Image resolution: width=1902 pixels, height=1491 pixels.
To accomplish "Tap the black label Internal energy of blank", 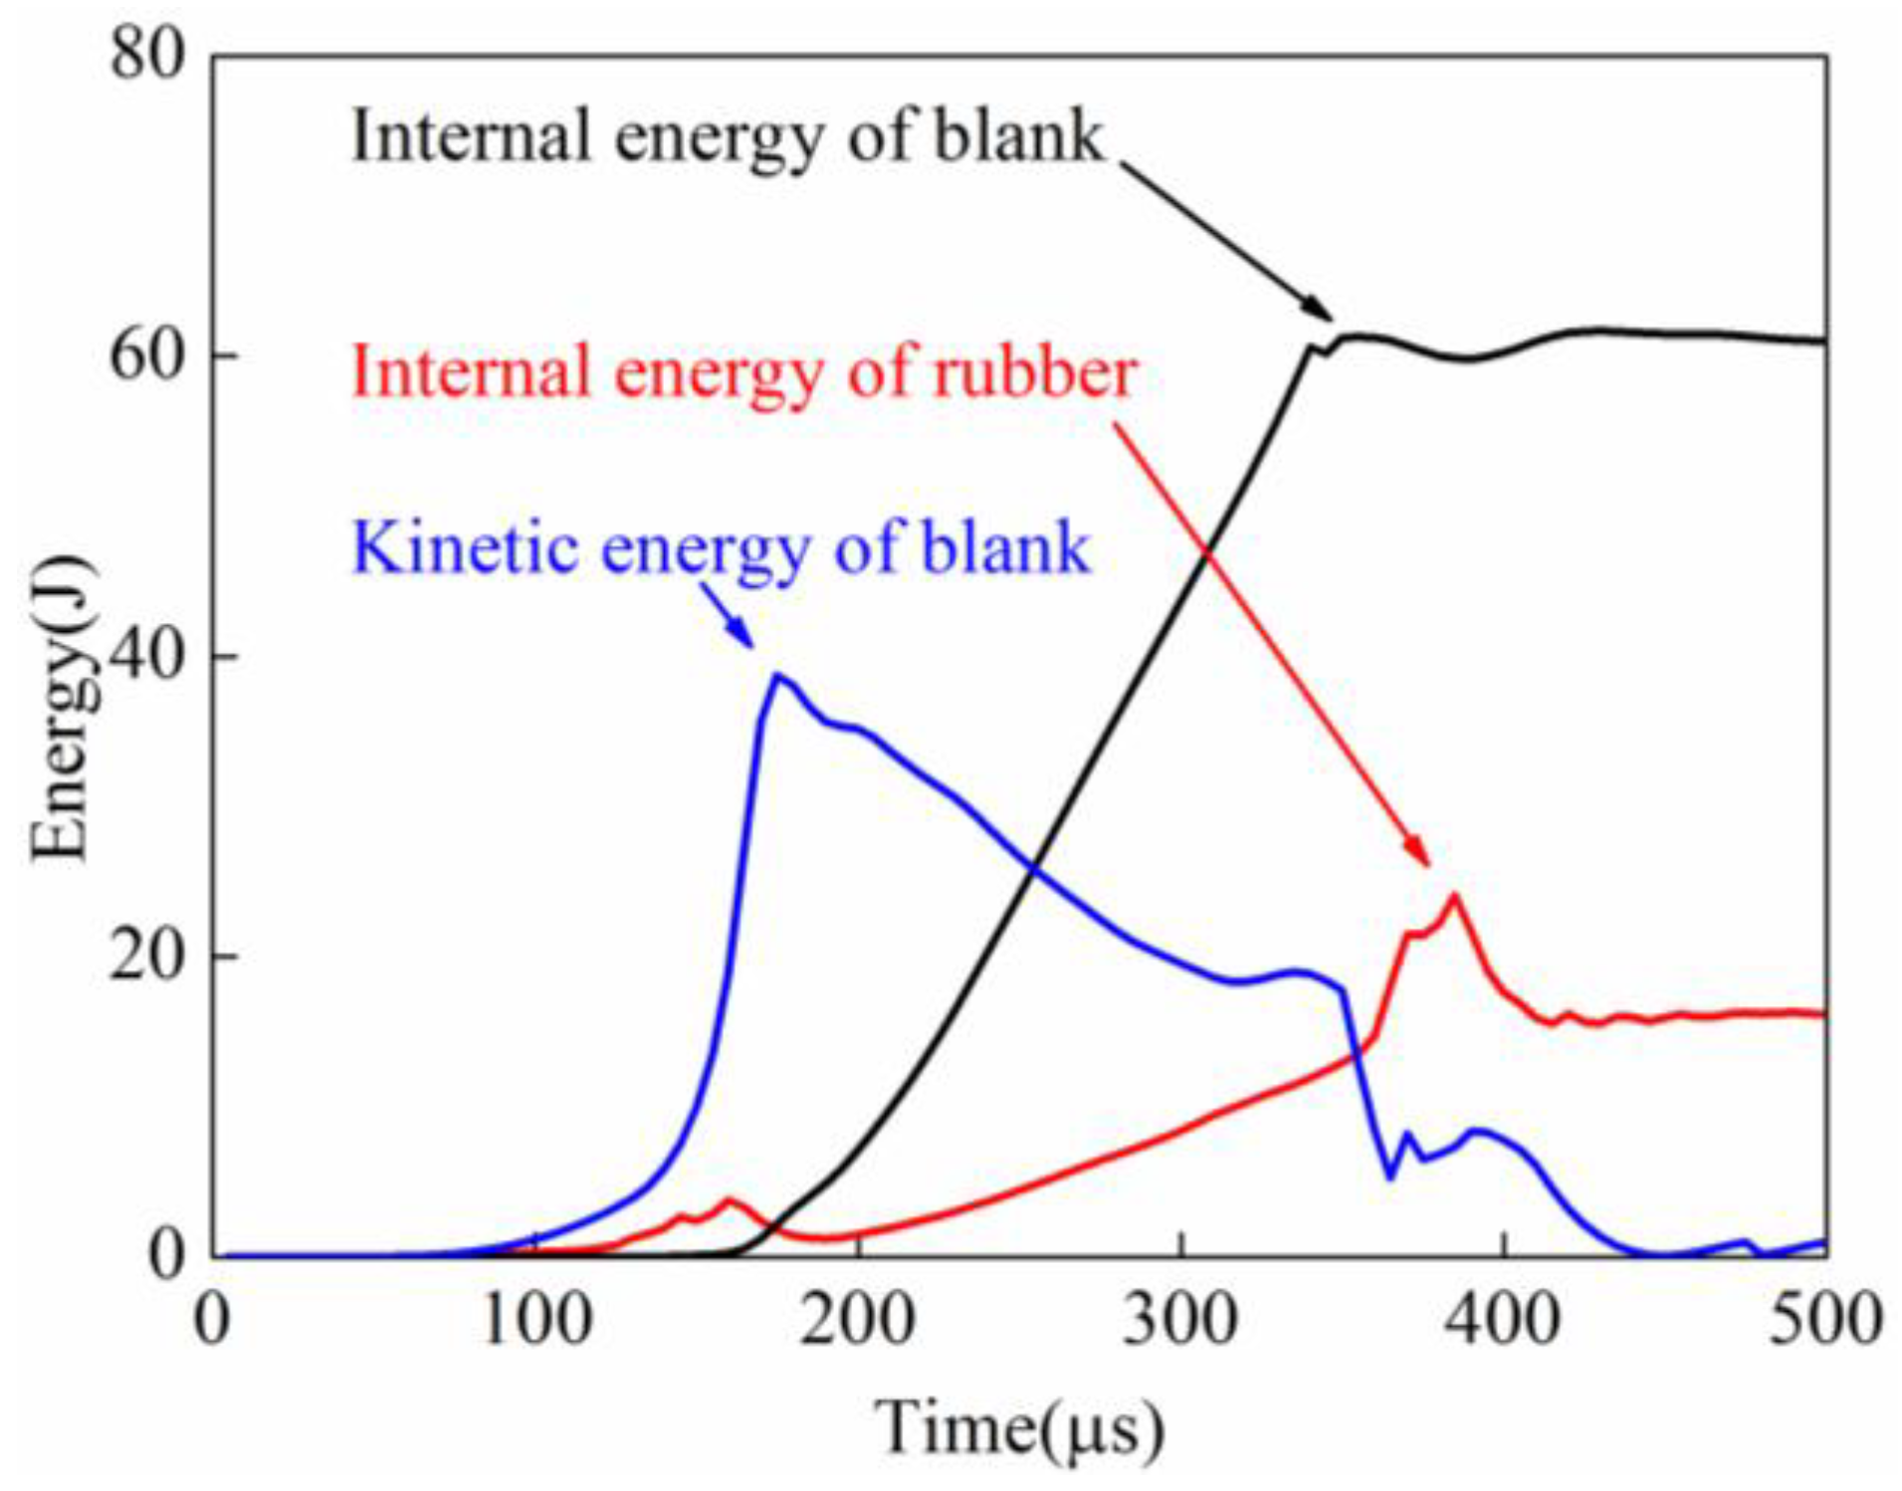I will [728, 136].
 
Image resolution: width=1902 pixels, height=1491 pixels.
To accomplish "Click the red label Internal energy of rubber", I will [744, 372].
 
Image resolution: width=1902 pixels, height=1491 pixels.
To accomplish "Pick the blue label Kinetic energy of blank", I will [722, 548].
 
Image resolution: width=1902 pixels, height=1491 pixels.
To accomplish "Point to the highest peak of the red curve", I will [1455, 896].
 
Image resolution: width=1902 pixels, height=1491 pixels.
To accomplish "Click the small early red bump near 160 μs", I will [730, 1199].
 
